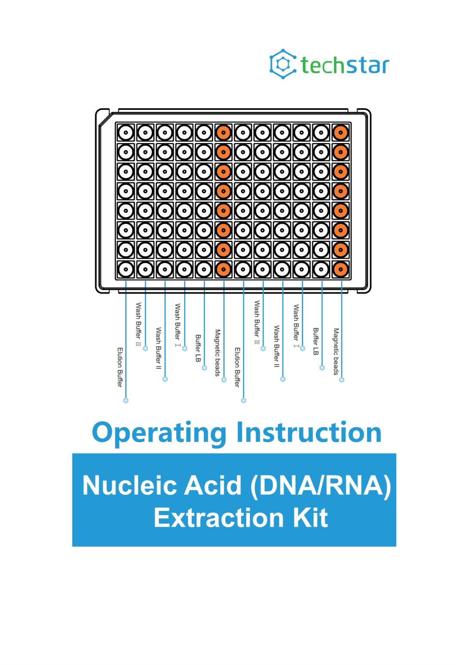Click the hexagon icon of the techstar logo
[283, 64]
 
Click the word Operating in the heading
[159, 432]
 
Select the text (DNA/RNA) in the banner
[320, 485]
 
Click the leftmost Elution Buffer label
[120, 367]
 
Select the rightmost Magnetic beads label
[336, 351]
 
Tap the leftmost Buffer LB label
[198, 348]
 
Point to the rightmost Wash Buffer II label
[277, 346]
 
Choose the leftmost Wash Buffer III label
[139, 324]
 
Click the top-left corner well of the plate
[126, 133]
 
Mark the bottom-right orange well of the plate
[340, 269]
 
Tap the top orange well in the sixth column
[224, 133]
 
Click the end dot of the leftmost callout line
[126, 401]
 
